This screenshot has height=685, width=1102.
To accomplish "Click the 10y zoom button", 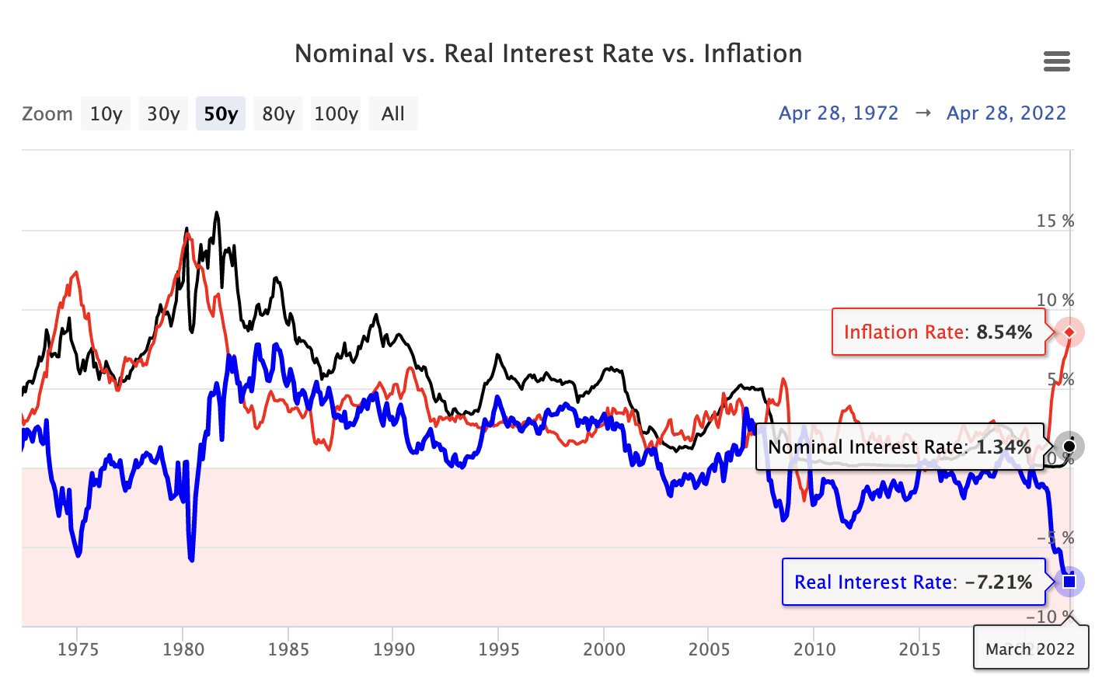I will tap(106, 113).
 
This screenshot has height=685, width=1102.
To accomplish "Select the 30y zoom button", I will tap(163, 113).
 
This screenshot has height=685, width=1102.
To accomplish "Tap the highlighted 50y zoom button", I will tap(221, 113).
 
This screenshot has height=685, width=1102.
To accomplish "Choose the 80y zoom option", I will tap(278, 113).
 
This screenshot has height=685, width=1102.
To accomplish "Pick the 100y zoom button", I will tap(336, 113).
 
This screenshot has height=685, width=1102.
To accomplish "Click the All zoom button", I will tap(393, 113).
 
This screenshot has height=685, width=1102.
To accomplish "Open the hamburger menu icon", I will tap(1056, 61).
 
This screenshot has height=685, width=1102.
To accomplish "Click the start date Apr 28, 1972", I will tap(839, 113).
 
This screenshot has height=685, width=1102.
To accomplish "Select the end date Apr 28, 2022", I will tap(1006, 113).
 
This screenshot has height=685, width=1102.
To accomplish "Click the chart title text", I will tap(549, 54).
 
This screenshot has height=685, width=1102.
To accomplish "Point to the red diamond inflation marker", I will tap(1069, 332).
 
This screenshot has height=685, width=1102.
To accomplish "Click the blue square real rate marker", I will tap(1069, 581).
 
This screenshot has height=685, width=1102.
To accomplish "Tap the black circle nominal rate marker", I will tap(1069, 446).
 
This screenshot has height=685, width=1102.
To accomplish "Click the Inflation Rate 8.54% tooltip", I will tap(938, 332).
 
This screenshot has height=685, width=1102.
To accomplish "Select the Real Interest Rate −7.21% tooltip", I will tap(913, 582).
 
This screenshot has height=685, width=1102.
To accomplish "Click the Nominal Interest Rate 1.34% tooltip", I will tap(899, 447).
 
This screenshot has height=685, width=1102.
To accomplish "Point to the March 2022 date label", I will tap(1031, 649).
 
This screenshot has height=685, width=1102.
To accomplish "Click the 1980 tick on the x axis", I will tap(183, 649).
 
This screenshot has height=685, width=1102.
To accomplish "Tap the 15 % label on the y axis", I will tap(1055, 221).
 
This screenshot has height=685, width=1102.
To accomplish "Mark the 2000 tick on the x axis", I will tap(604, 649).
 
